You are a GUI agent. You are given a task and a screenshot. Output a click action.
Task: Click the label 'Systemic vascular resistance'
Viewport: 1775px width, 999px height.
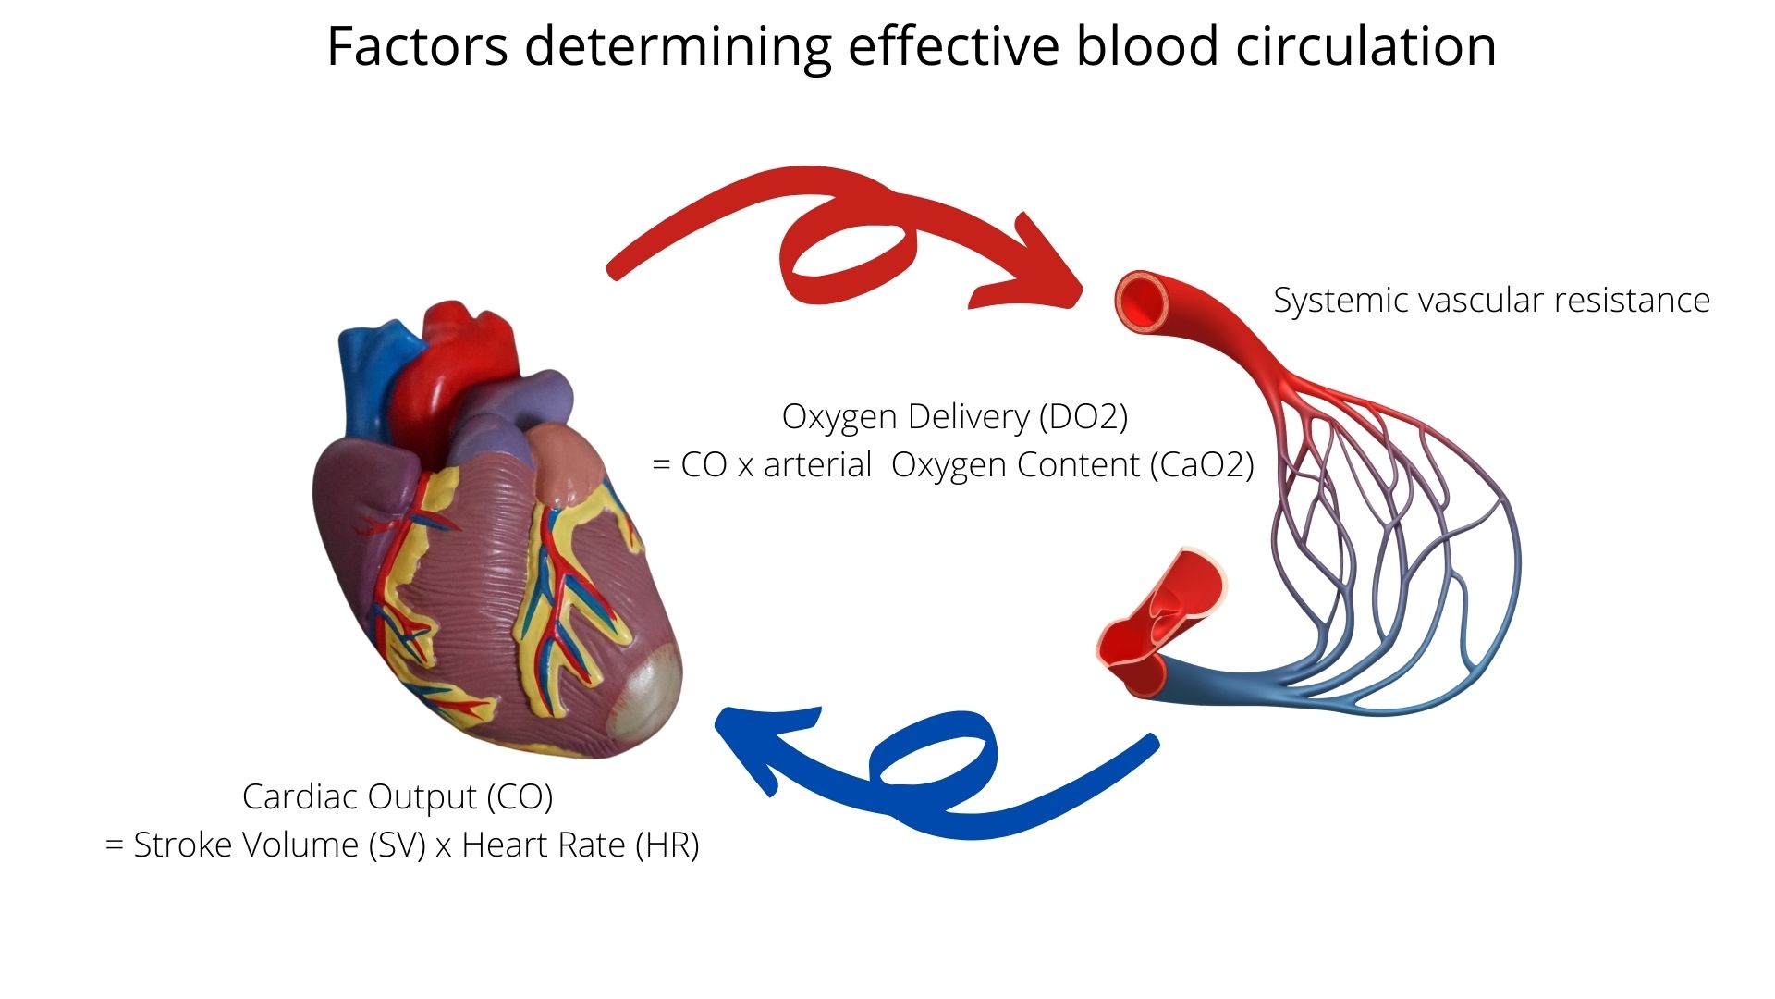[1491, 301]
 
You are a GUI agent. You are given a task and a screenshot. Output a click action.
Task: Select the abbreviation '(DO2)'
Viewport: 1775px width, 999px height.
[1083, 417]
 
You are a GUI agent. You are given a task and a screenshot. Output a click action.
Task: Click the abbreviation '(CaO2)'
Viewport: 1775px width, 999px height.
[1202, 465]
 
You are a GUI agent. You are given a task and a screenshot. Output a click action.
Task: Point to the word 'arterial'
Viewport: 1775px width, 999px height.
[817, 465]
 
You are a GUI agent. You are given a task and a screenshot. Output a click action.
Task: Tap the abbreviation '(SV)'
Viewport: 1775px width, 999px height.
[397, 845]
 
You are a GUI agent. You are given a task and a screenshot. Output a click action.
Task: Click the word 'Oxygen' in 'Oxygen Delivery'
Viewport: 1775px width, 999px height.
[839, 417]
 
